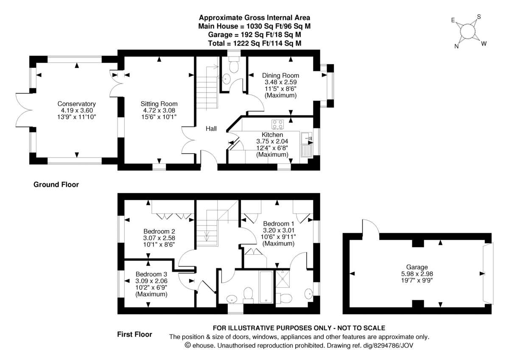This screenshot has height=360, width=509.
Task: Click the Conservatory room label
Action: (77, 104)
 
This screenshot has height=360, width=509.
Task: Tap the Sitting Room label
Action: (159, 104)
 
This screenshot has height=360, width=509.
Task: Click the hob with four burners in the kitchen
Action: (278, 124)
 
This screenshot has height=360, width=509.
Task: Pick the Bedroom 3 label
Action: (151, 274)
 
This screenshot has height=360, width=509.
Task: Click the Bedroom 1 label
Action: (278, 224)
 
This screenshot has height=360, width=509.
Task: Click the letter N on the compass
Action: (456, 47)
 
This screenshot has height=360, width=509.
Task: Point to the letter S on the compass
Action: (479, 17)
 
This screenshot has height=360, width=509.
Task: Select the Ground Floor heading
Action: (56, 185)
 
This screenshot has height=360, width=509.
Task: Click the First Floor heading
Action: (134, 335)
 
